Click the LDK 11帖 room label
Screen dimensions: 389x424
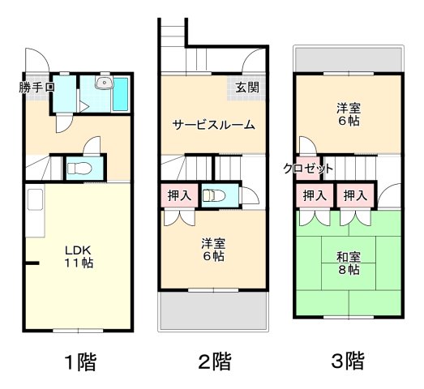click(78, 255)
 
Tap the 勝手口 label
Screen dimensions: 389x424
click(37, 87)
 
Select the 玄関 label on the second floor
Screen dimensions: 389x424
click(248, 87)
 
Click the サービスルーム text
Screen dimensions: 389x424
click(213, 125)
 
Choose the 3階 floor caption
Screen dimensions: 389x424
click(347, 360)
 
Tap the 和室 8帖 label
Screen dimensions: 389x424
click(349, 264)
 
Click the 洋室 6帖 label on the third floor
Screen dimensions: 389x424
click(349, 114)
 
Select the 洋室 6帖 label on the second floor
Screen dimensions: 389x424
click(214, 249)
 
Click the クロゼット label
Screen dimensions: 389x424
click(308, 169)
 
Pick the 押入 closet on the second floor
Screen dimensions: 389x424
click(179, 196)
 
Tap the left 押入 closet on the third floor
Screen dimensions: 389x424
click(314, 195)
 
